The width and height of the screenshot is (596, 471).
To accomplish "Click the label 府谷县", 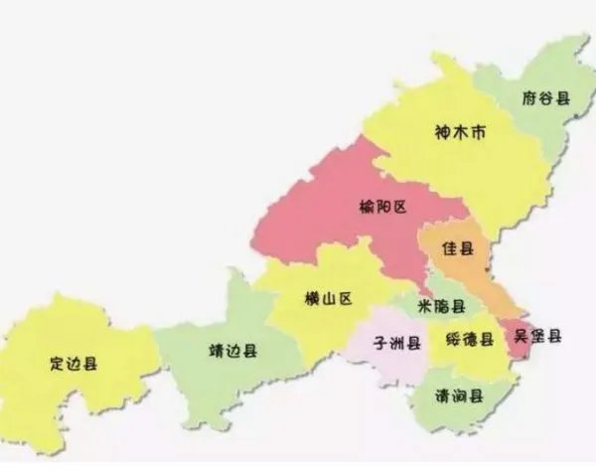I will (x=546, y=97).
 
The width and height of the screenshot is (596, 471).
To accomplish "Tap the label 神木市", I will (x=460, y=132).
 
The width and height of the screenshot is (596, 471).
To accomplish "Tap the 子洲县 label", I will (x=397, y=343).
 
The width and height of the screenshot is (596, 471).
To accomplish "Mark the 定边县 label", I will (x=73, y=363).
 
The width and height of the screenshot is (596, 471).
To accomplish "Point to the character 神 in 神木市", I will (x=443, y=132).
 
